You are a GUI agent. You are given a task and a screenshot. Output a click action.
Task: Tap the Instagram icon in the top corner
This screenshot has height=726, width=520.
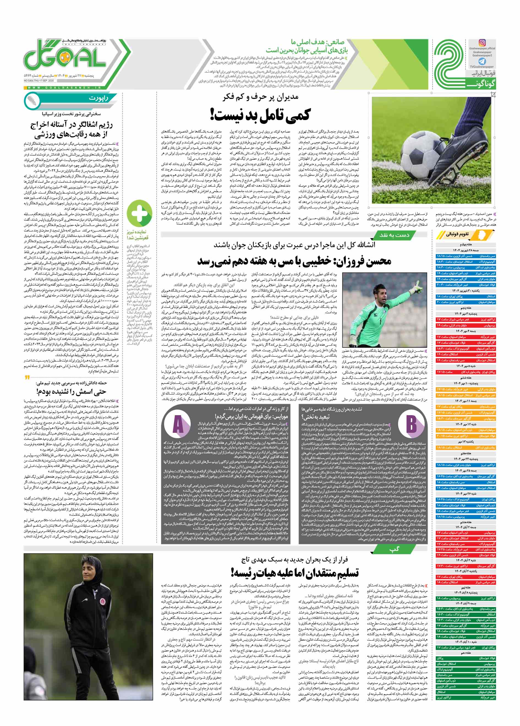pyautogui.click(x=482, y=43)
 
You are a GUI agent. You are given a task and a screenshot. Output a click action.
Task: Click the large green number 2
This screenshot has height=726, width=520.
pyautogui.click(x=449, y=64)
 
